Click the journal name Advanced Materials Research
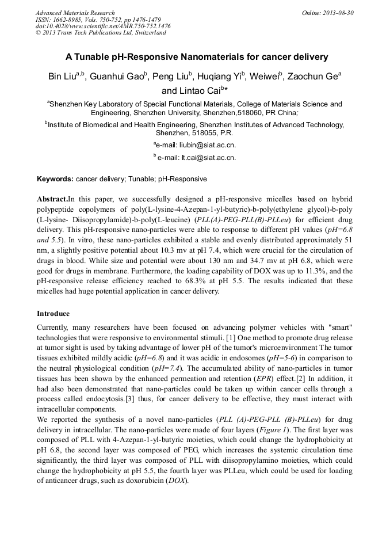point(75,13)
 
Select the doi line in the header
point(103,26)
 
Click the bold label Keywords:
point(55,179)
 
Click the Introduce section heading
point(53,314)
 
